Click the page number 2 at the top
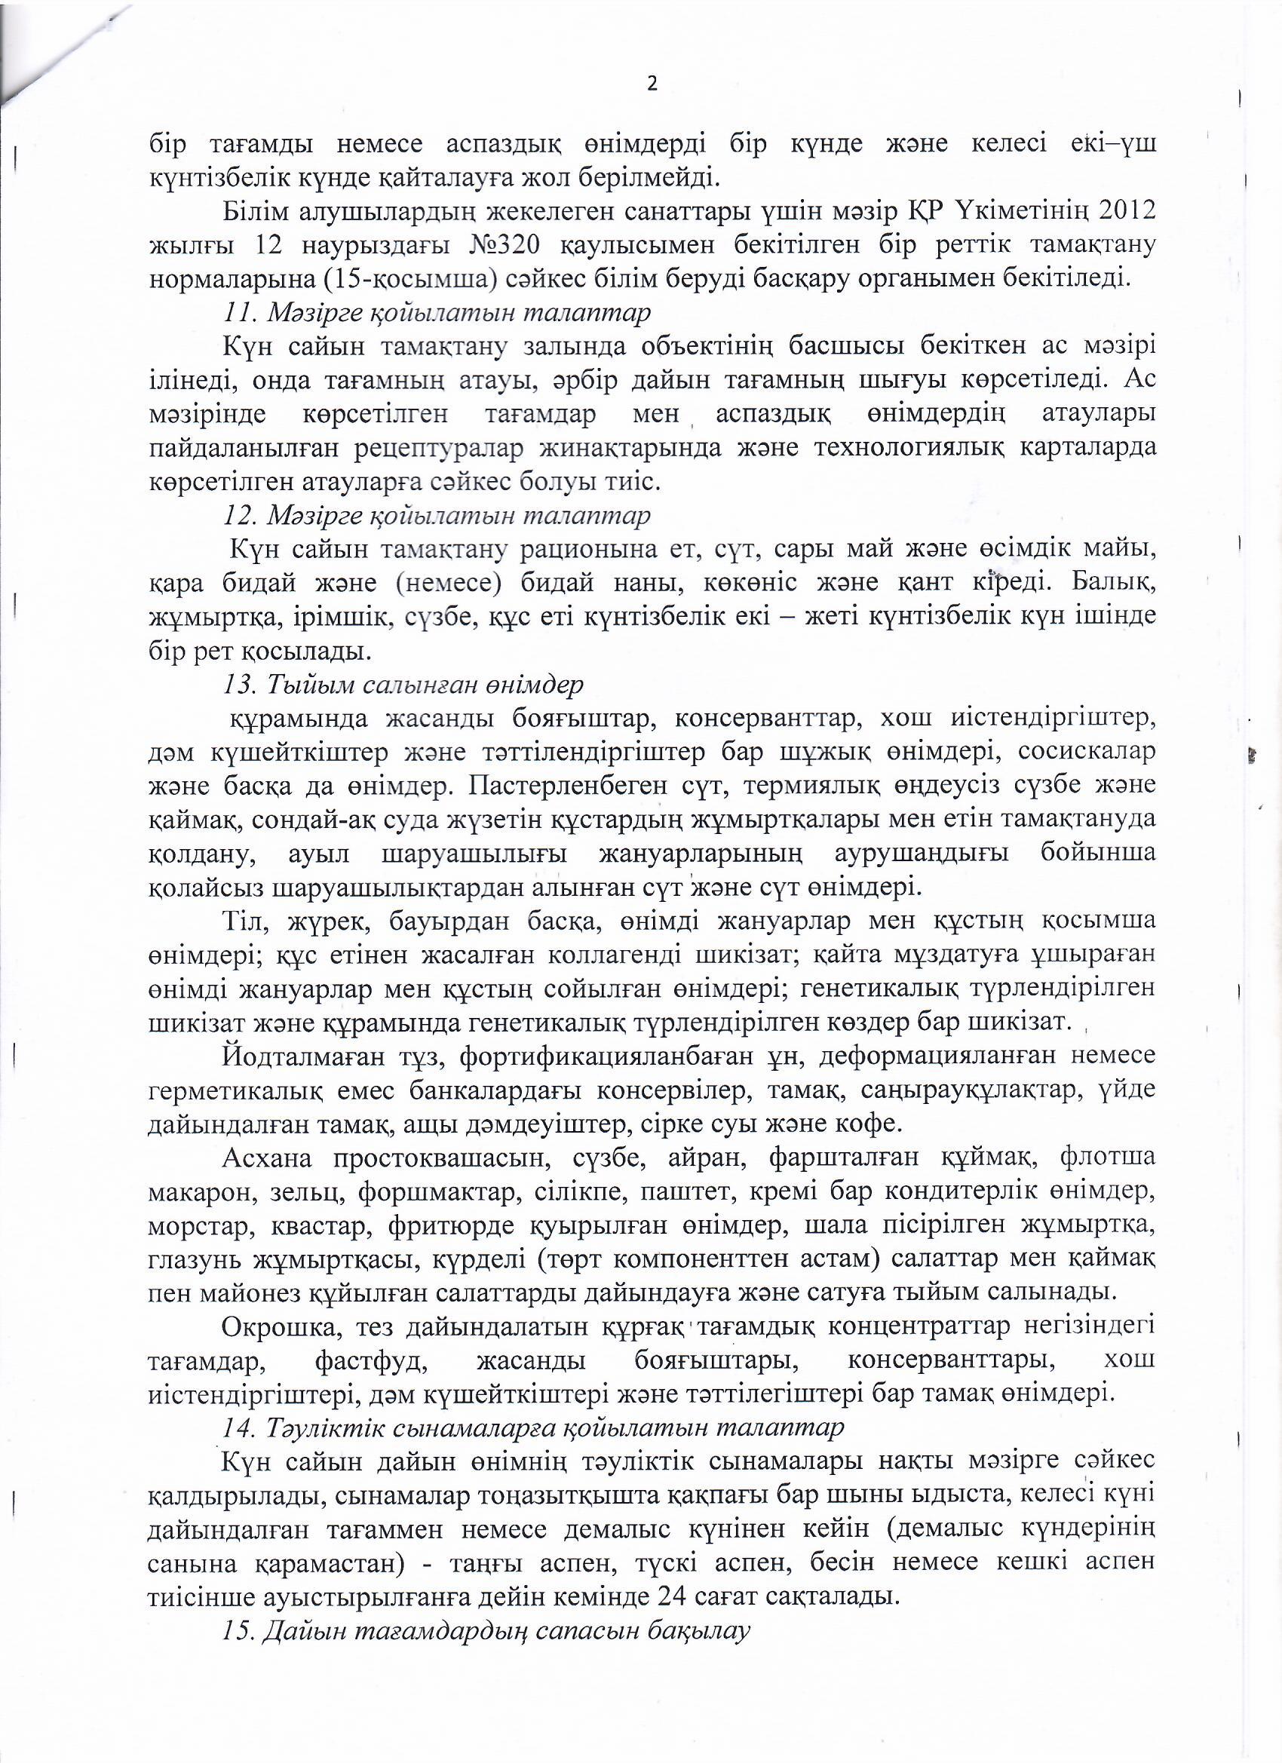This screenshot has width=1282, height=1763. (x=652, y=84)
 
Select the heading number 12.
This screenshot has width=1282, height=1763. (x=236, y=515)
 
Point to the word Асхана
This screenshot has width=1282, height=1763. (x=267, y=1159)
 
